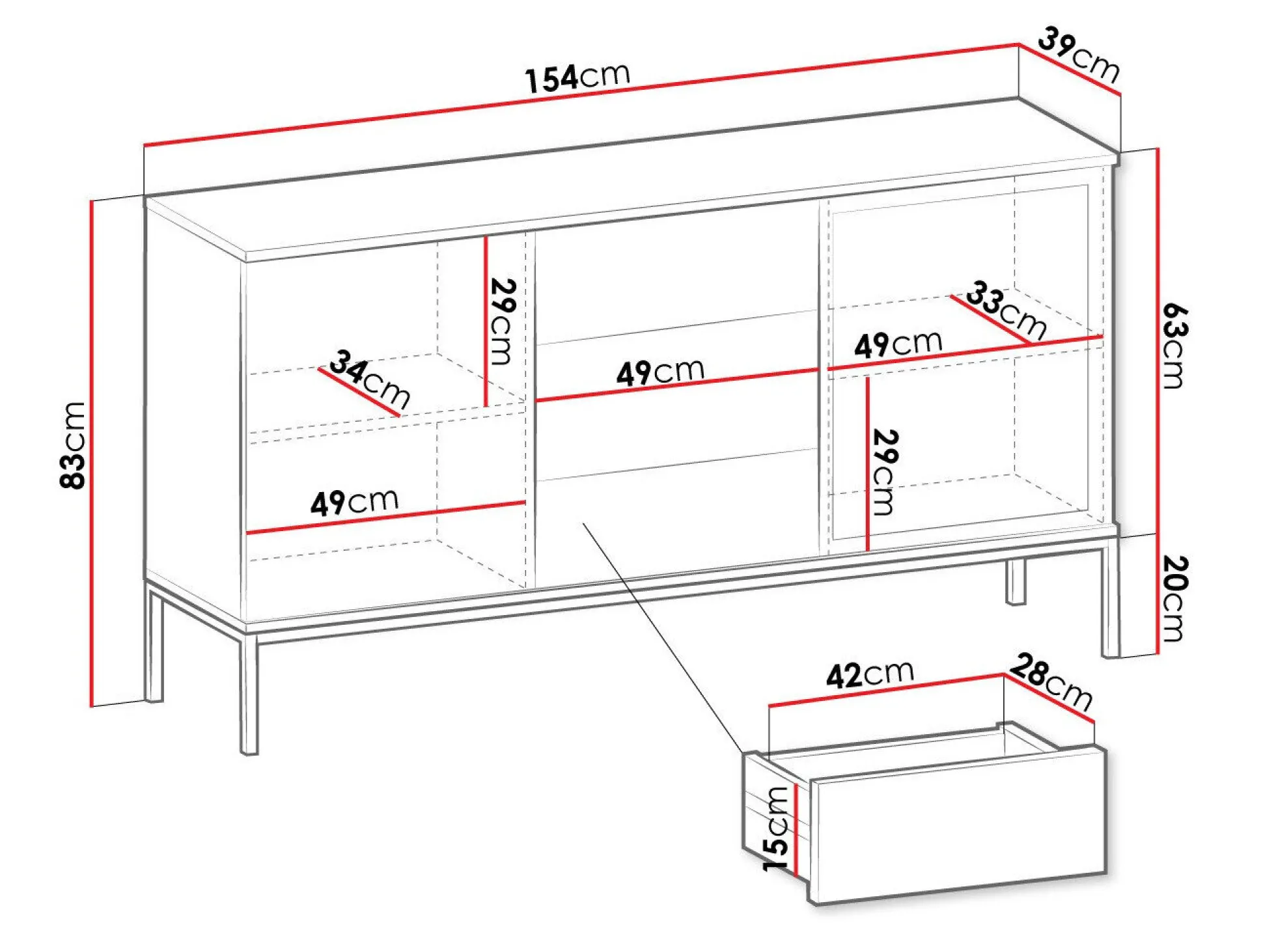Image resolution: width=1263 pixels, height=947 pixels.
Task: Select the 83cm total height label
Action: point(72,445)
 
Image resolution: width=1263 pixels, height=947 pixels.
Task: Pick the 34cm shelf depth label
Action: point(370,379)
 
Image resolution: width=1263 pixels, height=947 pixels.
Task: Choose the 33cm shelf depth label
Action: point(1006,310)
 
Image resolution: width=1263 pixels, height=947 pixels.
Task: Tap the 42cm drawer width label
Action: point(870,674)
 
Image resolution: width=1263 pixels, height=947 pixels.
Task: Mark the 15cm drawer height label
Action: point(776,829)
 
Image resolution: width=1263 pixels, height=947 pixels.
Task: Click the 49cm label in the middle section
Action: point(660,372)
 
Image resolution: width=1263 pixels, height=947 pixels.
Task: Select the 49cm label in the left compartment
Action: point(354,502)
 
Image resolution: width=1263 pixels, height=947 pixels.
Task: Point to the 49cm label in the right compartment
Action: point(898,344)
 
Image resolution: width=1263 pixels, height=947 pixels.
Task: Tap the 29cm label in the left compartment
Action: point(502,322)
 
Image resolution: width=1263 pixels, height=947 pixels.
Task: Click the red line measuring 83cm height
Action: point(92,453)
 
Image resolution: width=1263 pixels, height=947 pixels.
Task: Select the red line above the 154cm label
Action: point(581,94)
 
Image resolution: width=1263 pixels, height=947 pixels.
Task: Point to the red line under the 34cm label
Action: point(359,392)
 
